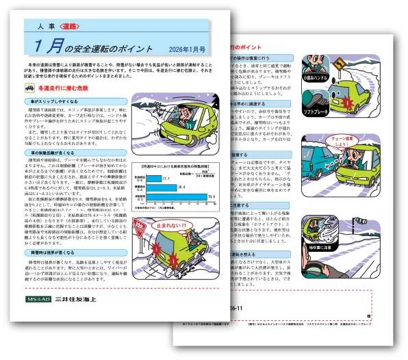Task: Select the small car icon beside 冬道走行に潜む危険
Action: coord(30,88)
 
